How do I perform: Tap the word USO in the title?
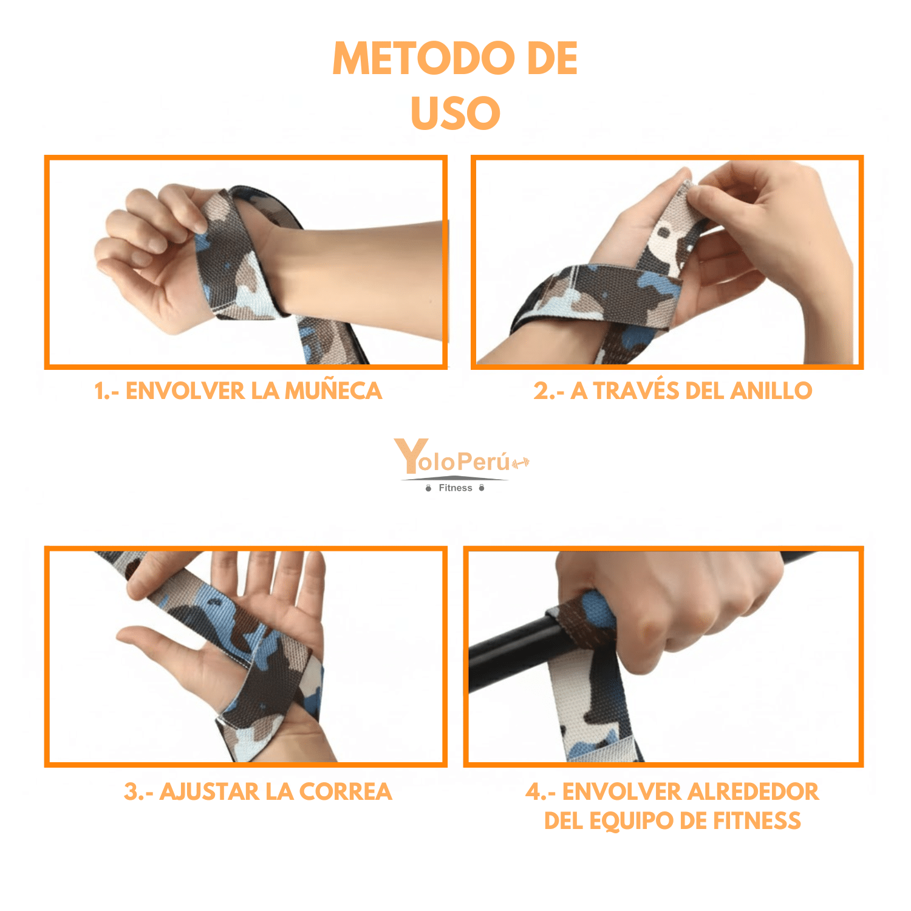click(455, 113)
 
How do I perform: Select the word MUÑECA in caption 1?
click(333, 391)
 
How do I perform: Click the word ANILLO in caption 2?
click(771, 391)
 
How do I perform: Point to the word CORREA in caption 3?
click(346, 791)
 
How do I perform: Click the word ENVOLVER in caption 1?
click(185, 391)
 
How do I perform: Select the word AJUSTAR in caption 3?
click(210, 791)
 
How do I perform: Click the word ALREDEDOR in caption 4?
click(752, 791)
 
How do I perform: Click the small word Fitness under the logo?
click(455, 488)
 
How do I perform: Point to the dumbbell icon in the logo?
click(520, 463)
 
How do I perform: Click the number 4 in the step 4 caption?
click(533, 791)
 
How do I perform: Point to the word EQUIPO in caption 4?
click(632, 821)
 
